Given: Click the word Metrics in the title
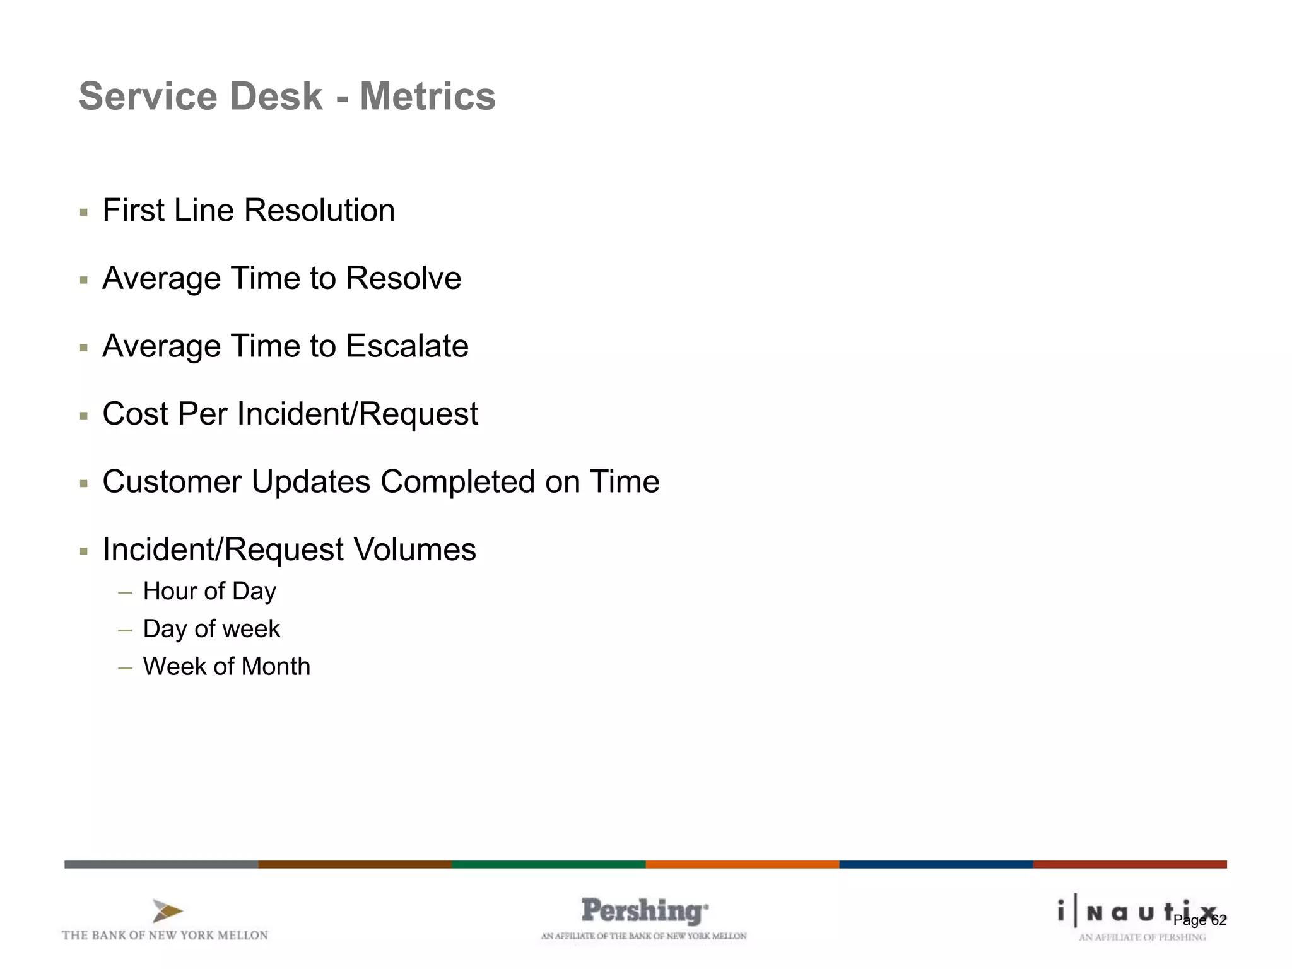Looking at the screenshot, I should (427, 97).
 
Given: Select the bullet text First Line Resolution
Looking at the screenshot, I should (249, 210).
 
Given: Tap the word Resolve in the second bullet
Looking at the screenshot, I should (403, 278).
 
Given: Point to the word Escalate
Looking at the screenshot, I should (407, 346).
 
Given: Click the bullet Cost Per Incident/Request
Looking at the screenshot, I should (290, 414).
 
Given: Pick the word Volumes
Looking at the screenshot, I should (414, 549).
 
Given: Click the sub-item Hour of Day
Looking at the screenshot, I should (209, 591).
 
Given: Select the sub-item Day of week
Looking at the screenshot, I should (211, 629).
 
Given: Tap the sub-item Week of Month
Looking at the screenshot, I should (226, 667).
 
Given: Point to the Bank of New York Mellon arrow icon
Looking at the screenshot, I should (167, 912).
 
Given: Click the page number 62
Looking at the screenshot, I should (1219, 920).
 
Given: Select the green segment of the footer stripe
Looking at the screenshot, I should (548, 864).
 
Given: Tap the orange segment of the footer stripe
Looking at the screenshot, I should (742, 864).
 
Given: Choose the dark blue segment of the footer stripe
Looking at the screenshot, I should (936, 864).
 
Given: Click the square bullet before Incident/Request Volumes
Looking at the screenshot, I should (84, 551).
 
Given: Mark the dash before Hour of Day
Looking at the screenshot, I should (125, 592).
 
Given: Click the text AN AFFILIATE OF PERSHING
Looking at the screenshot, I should (1142, 937).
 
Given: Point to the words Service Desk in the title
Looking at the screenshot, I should (201, 97).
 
